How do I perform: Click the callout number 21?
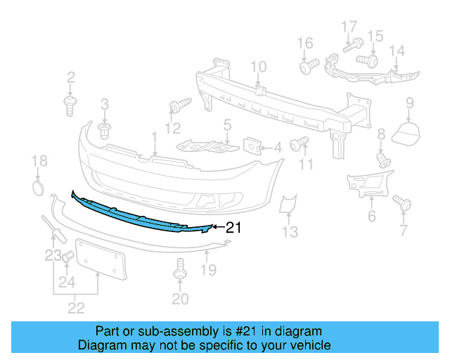pyautogui.click(x=233, y=226)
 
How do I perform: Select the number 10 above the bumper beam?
pyautogui.click(x=258, y=67)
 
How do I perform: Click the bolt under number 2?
pyautogui.click(x=70, y=106)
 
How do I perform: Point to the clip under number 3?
pyautogui.click(x=105, y=131)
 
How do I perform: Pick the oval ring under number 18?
pyautogui.click(x=39, y=187)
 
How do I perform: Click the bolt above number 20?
pyautogui.click(x=179, y=271)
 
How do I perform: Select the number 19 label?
pyautogui.click(x=208, y=269)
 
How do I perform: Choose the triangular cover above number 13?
pyautogui.click(x=287, y=205)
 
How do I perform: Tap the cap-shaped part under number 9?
pyautogui.click(x=404, y=132)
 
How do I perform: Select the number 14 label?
pyautogui.click(x=397, y=51)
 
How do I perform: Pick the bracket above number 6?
pyautogui.click(x=366, y=184)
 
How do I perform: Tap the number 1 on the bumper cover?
pyautogui.click(x=154, y=136)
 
